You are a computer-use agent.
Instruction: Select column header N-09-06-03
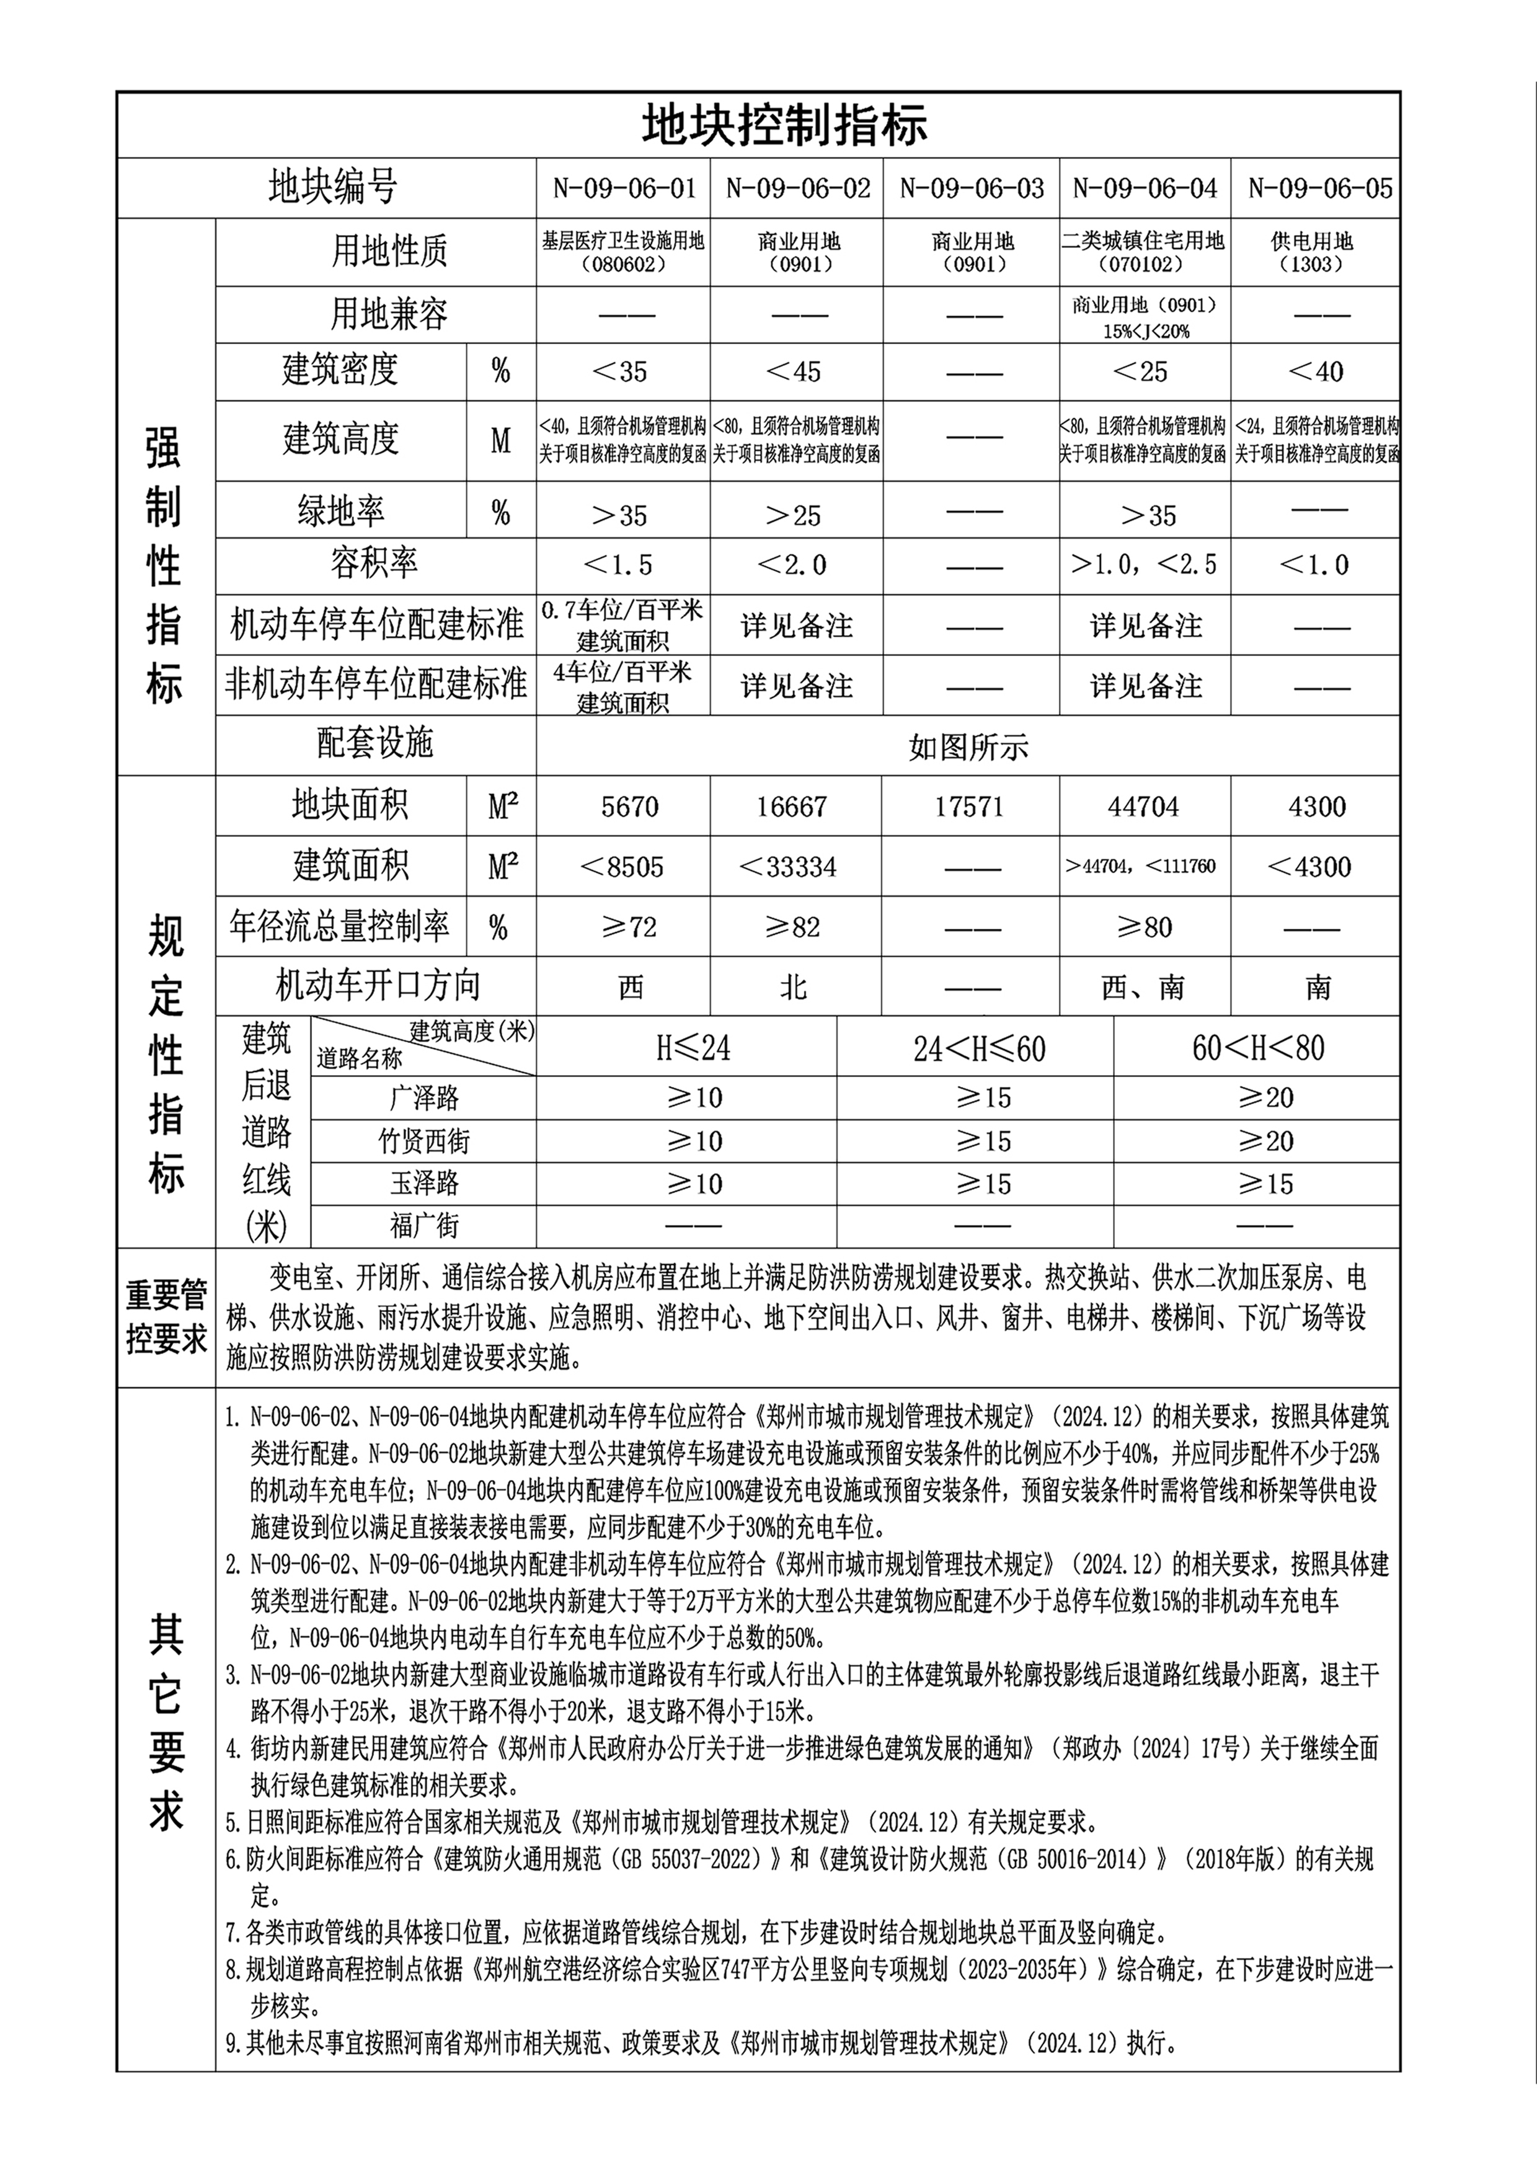972,188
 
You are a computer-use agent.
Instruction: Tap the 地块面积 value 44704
1143,807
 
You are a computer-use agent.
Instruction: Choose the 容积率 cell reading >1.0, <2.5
1143,565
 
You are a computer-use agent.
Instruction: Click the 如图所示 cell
968,747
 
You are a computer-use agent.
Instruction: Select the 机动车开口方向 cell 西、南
1143,988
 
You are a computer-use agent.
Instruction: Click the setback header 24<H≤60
979,1048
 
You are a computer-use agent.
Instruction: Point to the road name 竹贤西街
423,1141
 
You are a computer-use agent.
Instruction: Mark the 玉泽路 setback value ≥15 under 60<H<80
1265,1184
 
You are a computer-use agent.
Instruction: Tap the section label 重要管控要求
166,1318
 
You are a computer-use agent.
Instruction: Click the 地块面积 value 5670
630,807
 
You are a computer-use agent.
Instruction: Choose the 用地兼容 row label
388,314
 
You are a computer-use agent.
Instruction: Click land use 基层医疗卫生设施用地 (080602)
622,252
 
